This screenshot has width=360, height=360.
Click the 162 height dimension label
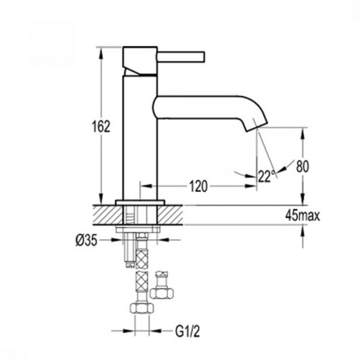[101, 126]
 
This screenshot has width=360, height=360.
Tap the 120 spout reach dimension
[199, 186]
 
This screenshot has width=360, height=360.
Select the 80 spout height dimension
[302, 166]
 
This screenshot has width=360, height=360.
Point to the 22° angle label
[266, 176]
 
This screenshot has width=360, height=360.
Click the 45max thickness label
[302, 215]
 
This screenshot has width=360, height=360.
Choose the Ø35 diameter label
[86, 241]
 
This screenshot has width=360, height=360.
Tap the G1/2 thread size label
[187, 331]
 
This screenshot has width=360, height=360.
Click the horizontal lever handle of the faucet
[181, 57]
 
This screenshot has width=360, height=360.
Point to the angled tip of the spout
[257, 125]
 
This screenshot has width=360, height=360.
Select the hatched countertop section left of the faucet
[107, 215]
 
